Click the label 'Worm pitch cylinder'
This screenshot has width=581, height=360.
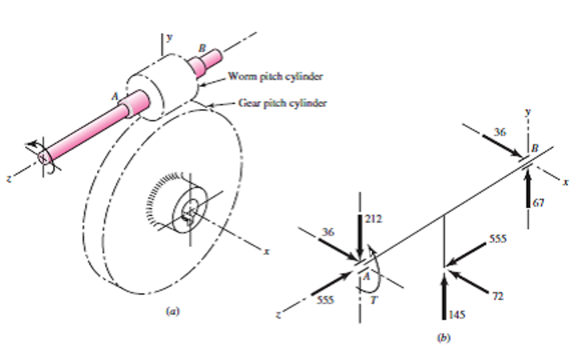click(275, 76)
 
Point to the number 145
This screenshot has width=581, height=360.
click(457, 313)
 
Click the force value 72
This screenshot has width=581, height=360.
click(498, 296)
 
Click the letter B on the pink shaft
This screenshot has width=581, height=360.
click(201, 49)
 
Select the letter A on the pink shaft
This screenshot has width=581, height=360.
click(115, 97)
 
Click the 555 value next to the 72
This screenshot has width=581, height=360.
click(498, 239)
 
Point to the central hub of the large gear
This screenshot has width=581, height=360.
click(190, 211)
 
